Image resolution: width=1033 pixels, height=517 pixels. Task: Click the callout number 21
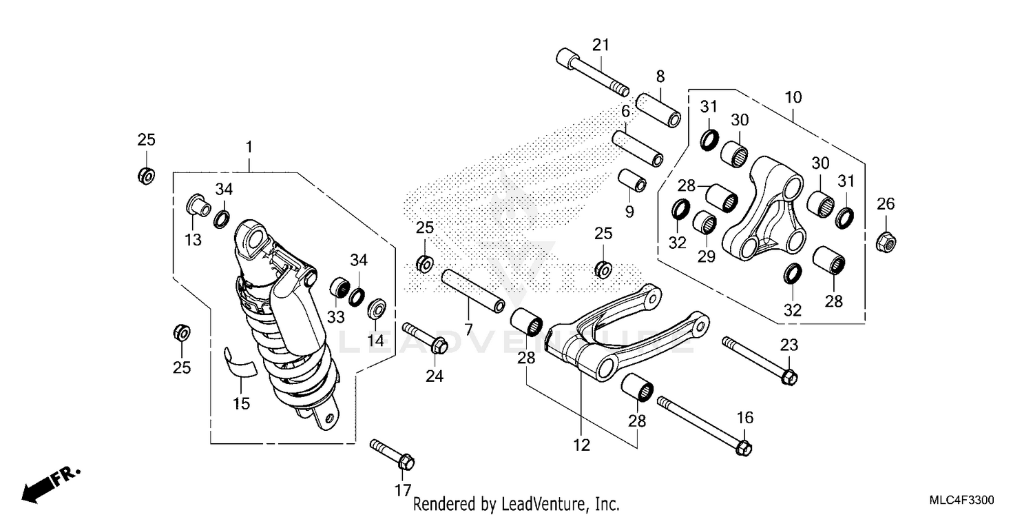coord(601,45)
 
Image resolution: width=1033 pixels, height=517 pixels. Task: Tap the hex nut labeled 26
coord(886,242)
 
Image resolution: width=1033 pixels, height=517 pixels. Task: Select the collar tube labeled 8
coord(658,109)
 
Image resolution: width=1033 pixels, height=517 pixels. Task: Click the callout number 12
coord(582,445)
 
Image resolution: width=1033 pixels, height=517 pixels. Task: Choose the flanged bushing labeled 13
coord(197,205)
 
